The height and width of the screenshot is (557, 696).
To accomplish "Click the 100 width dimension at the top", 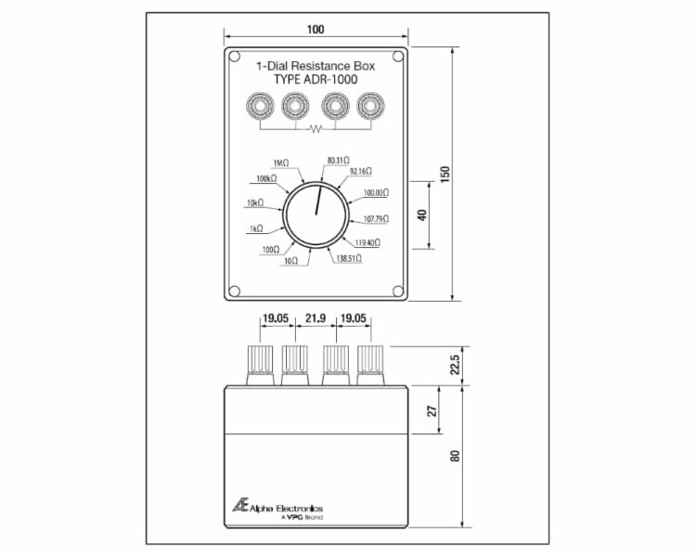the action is [x=316, y=30].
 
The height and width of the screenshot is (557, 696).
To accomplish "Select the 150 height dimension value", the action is [x=445, y=174].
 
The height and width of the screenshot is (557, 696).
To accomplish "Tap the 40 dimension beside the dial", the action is [x=422, y=215].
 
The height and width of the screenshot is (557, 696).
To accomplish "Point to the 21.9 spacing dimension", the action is [x=316, y=318].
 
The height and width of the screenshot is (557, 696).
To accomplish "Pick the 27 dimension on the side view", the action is [x=432, y=410].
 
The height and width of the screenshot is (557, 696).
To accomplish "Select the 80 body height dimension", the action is [x=455, y=456].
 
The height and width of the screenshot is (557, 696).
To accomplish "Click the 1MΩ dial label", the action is [x=280, y=163].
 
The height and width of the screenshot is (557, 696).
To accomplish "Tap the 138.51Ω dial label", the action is [x=349, y=258].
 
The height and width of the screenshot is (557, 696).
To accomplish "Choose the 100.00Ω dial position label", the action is [x=377, y=193].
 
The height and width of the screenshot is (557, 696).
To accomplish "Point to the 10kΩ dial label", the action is [x=255, y=203].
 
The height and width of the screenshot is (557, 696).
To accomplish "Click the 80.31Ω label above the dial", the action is [x=338, y=160].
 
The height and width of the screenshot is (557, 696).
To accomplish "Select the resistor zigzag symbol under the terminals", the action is [x=316, y=129].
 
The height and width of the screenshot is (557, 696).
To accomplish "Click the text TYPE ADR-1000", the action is [x=316, y=80].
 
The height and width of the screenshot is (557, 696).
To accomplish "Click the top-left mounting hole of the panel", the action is [x=235, y=57].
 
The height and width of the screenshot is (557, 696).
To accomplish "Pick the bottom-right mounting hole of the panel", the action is [x=398, y=291].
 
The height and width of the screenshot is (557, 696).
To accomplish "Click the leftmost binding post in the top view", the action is [x=260, y=107].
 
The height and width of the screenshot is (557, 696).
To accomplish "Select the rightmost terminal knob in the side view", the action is [x=370, y=365].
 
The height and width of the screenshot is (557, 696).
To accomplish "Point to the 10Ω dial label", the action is [x=290, y=261].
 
